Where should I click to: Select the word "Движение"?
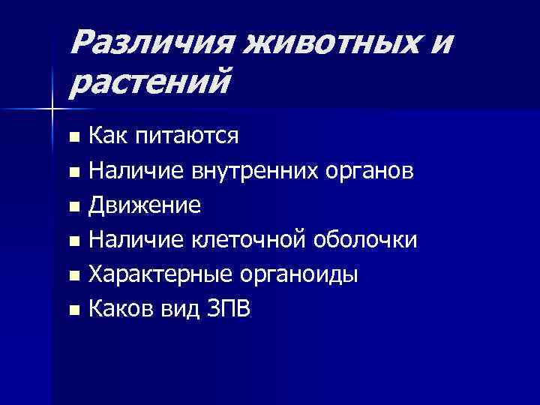(145, 205)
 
